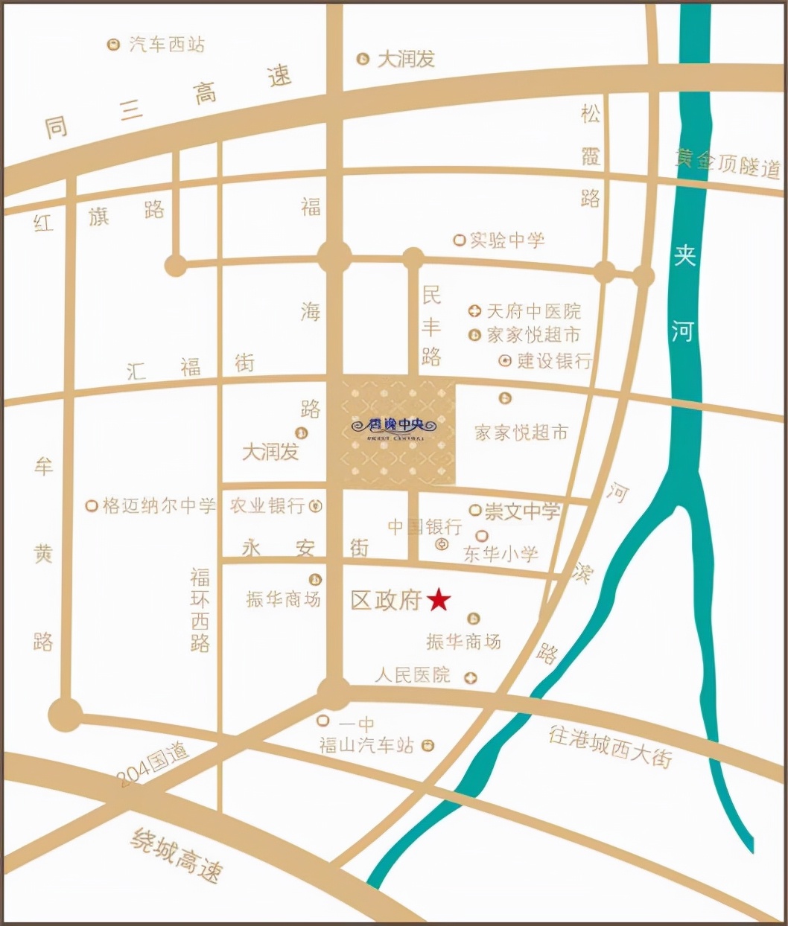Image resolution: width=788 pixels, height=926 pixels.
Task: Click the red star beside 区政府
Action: click(x=439, y=599)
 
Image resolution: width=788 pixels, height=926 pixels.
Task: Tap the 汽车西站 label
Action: click(x=166, y=45)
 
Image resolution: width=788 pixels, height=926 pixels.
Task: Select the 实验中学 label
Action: click(x=506, y=240)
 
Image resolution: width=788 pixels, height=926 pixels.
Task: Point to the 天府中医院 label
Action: click(x=533, y=311)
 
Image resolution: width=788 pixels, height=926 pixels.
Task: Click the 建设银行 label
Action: click(x=555, y=361)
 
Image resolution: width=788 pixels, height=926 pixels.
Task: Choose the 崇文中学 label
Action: click(x=522, y=511)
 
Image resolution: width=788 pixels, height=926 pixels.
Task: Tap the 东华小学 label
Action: click(x=501, y=554)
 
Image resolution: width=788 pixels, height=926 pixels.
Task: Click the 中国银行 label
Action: click(x=425, y=527)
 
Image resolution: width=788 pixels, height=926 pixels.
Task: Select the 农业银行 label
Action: click(x=267, y=506)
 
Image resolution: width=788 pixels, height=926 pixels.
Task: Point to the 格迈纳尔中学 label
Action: click(x=159, y=506)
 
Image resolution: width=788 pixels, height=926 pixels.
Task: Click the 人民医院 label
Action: click(x=413, y=675)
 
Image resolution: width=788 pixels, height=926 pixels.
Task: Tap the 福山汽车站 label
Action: click(x=366, y=745)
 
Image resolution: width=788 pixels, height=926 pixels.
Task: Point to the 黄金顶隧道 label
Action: click(x=728, y=163)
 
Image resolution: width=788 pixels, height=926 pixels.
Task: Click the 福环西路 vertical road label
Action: click(x=200, y=610)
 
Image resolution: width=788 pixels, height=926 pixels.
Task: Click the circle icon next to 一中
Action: click(x=323, y=721)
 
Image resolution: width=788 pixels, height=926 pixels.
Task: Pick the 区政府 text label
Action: click(x=387, y=600)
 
